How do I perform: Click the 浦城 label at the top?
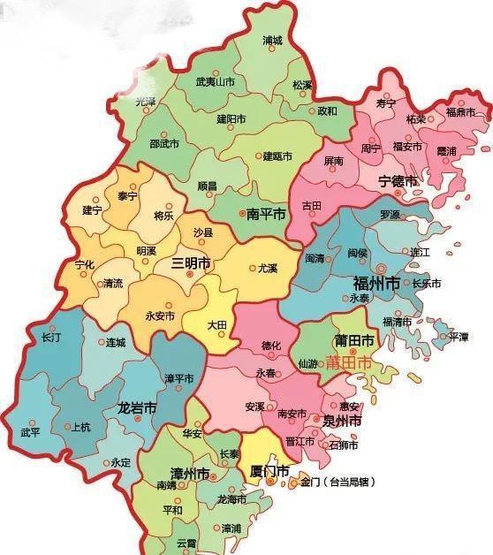273,41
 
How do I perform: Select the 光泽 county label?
145,102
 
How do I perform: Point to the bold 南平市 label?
265,214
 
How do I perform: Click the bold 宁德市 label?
398,181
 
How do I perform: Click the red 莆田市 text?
349,362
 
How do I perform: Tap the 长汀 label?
51,338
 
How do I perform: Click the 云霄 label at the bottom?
186,543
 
